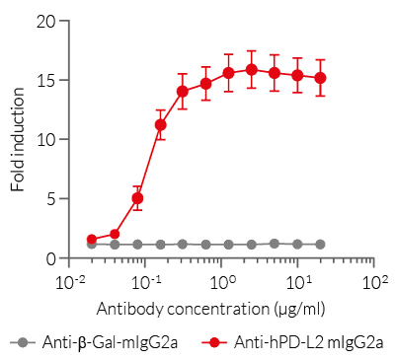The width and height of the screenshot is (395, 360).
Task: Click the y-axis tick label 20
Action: click(45, 20)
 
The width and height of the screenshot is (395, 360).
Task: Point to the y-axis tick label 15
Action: click(45, 80)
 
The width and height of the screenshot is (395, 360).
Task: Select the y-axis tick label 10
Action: click(45, 139)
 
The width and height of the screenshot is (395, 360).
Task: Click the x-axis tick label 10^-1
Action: click(144, 281)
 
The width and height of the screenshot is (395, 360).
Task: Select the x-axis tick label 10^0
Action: click(221, 281)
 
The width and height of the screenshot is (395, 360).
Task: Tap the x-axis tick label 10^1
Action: click(298, 281)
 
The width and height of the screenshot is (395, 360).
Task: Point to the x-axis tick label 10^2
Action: click(374, 281)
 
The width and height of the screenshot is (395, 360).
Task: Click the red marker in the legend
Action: click(215, 342)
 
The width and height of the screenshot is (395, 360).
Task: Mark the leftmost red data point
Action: click(91, 240)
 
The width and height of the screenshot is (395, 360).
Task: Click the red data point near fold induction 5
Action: click(137, 198)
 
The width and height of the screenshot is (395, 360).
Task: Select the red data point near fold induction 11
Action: click(160, 124)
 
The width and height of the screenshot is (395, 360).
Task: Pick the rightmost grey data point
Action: click(320, 244)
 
